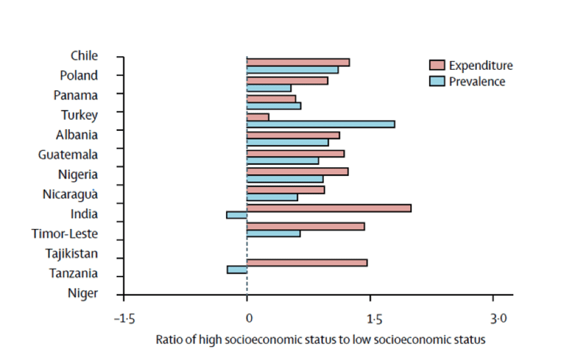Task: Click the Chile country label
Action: [84, 56]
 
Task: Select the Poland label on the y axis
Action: [78, 75]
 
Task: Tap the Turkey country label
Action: [79, 115]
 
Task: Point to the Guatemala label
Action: [68, 154]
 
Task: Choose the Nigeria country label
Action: [77, 174]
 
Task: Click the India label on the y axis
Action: [84, 214]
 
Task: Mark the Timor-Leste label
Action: [65, 233]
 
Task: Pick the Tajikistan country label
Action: [72, 253]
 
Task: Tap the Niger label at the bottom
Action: [83, 293]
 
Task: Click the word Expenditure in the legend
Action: [481, 65]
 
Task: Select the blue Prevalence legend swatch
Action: [437, 82]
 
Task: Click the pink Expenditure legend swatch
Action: [437, 65]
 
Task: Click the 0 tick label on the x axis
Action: [248, 319]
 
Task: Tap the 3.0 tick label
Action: [498, 319]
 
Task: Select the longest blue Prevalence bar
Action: [321, 124]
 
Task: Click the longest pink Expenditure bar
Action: [329, 208]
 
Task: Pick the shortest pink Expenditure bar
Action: [258, 117]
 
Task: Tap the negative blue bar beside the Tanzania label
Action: [237, 270]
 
